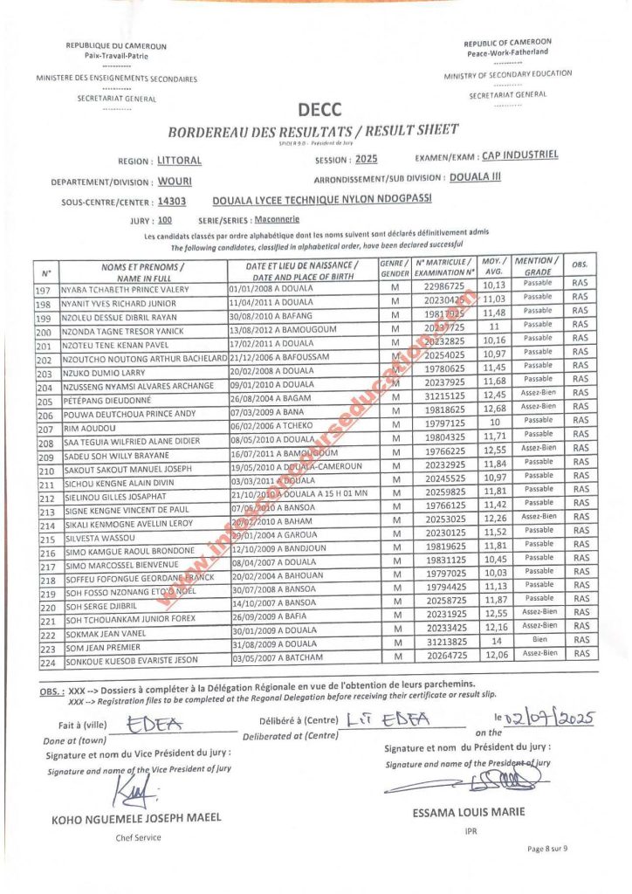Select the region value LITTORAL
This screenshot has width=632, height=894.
click(x=179, y=161)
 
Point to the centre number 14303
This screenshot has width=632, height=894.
click(x=172, y=201)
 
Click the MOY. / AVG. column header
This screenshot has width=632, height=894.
click(x=495, y=265)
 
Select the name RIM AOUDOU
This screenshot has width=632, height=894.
click(x=83, y=430)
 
